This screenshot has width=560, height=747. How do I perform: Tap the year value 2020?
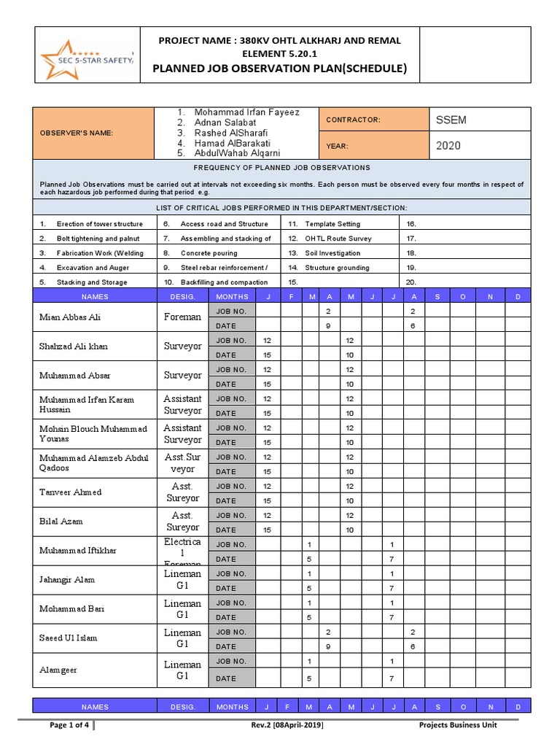click(449, 146)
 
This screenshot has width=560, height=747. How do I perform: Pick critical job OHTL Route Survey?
click(338, 239)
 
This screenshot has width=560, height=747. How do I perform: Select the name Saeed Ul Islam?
click(69, 638)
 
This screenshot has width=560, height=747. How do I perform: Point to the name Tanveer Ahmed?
click(70, 492)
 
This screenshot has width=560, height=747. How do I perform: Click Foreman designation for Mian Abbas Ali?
click(182, 317)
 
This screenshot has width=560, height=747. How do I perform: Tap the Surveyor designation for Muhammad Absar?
click(182, 376)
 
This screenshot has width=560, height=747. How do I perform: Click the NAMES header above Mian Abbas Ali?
click(95, 297)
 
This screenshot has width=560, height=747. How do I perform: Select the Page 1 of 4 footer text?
click(69, 725)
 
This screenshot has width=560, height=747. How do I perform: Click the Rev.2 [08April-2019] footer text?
click(287, 725)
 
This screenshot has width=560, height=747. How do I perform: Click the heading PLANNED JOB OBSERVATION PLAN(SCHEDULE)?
click(279, 69)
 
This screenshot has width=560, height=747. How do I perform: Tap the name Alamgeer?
click(58, 670)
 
